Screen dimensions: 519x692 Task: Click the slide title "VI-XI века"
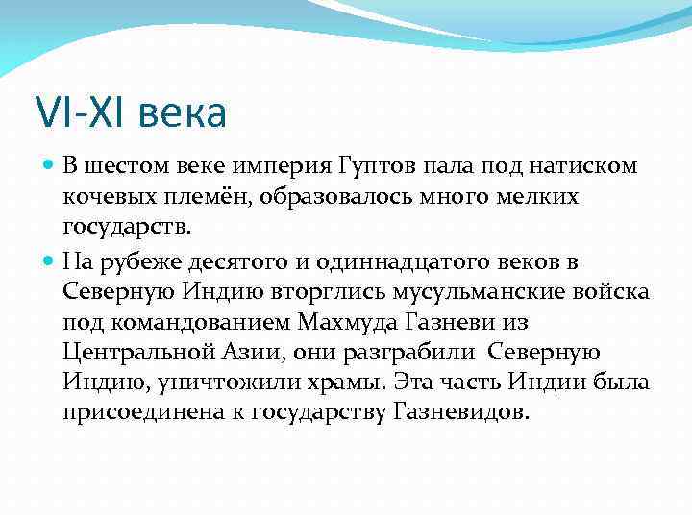pos(131,112)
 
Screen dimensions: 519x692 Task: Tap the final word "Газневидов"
pos(459,412)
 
